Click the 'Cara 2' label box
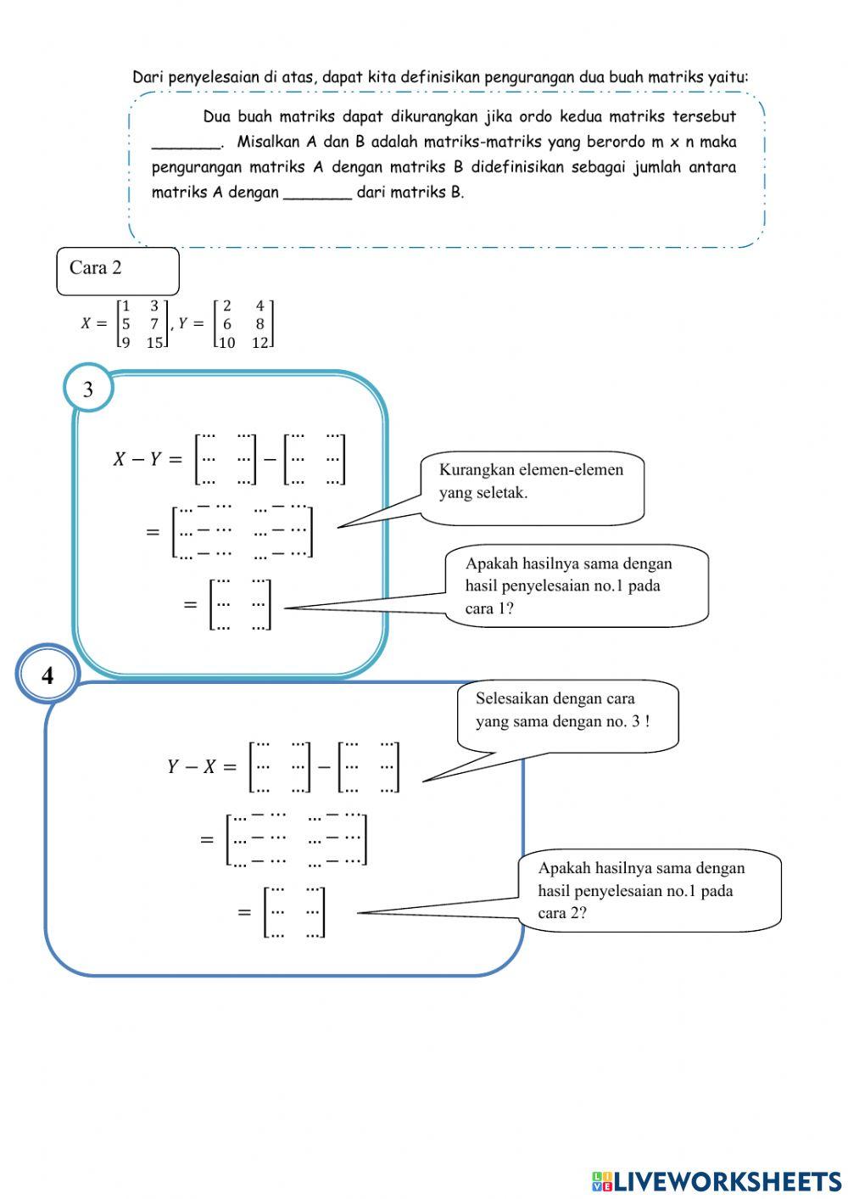click(117, 270)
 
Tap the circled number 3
click(88, 389)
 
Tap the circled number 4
click(47, 675)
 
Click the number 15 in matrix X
click(154, 343)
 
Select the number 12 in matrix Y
click(259, 343)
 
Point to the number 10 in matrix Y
click(226, 343)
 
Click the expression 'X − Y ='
click(148, 460)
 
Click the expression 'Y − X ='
click(202, 767)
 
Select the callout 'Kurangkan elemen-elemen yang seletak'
click(532, 482)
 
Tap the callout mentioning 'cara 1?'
click(577, 585)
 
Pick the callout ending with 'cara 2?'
click(649, 890)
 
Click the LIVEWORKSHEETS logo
click(717, 1181)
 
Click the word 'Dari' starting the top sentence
click(148, 77)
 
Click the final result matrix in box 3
click(241, 604)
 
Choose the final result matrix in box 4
click(294, 912)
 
